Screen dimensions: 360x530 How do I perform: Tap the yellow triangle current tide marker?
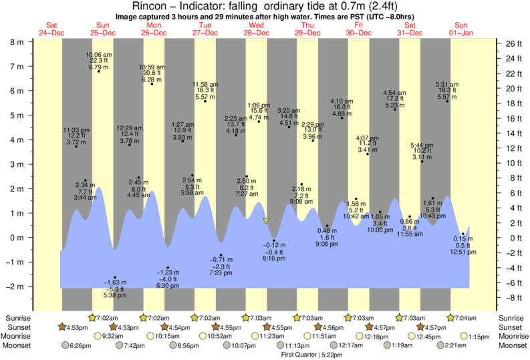click(x=266, y=220)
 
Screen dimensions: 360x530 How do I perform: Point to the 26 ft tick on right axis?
click(x=513, y=43)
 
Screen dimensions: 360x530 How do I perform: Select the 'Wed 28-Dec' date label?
click(x=257, y=29)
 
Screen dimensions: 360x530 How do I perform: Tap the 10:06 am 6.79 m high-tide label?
click(x=99, y=61)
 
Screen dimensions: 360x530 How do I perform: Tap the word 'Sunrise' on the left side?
click(x=18, y=318)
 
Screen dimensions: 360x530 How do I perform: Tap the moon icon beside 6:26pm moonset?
click(x=66, y=345)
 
